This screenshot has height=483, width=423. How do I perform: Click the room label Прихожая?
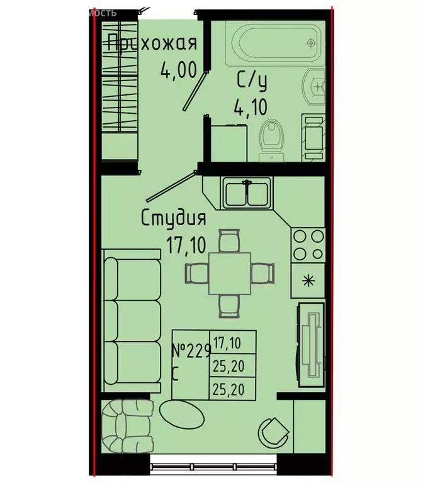pyautogui.click(x=152, y=43)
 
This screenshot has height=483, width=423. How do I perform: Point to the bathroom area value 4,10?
pyautogui.click(x=250, y=109)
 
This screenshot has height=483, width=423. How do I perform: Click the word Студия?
pyautogui.click(x=173, y=218)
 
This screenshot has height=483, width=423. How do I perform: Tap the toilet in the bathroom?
pyautogui.click(x=271, y=135)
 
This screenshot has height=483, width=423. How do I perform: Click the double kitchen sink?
pyautogui.click(x=247, y=193)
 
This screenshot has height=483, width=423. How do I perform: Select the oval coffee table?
pyautogui.click(x=181, y=414)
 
